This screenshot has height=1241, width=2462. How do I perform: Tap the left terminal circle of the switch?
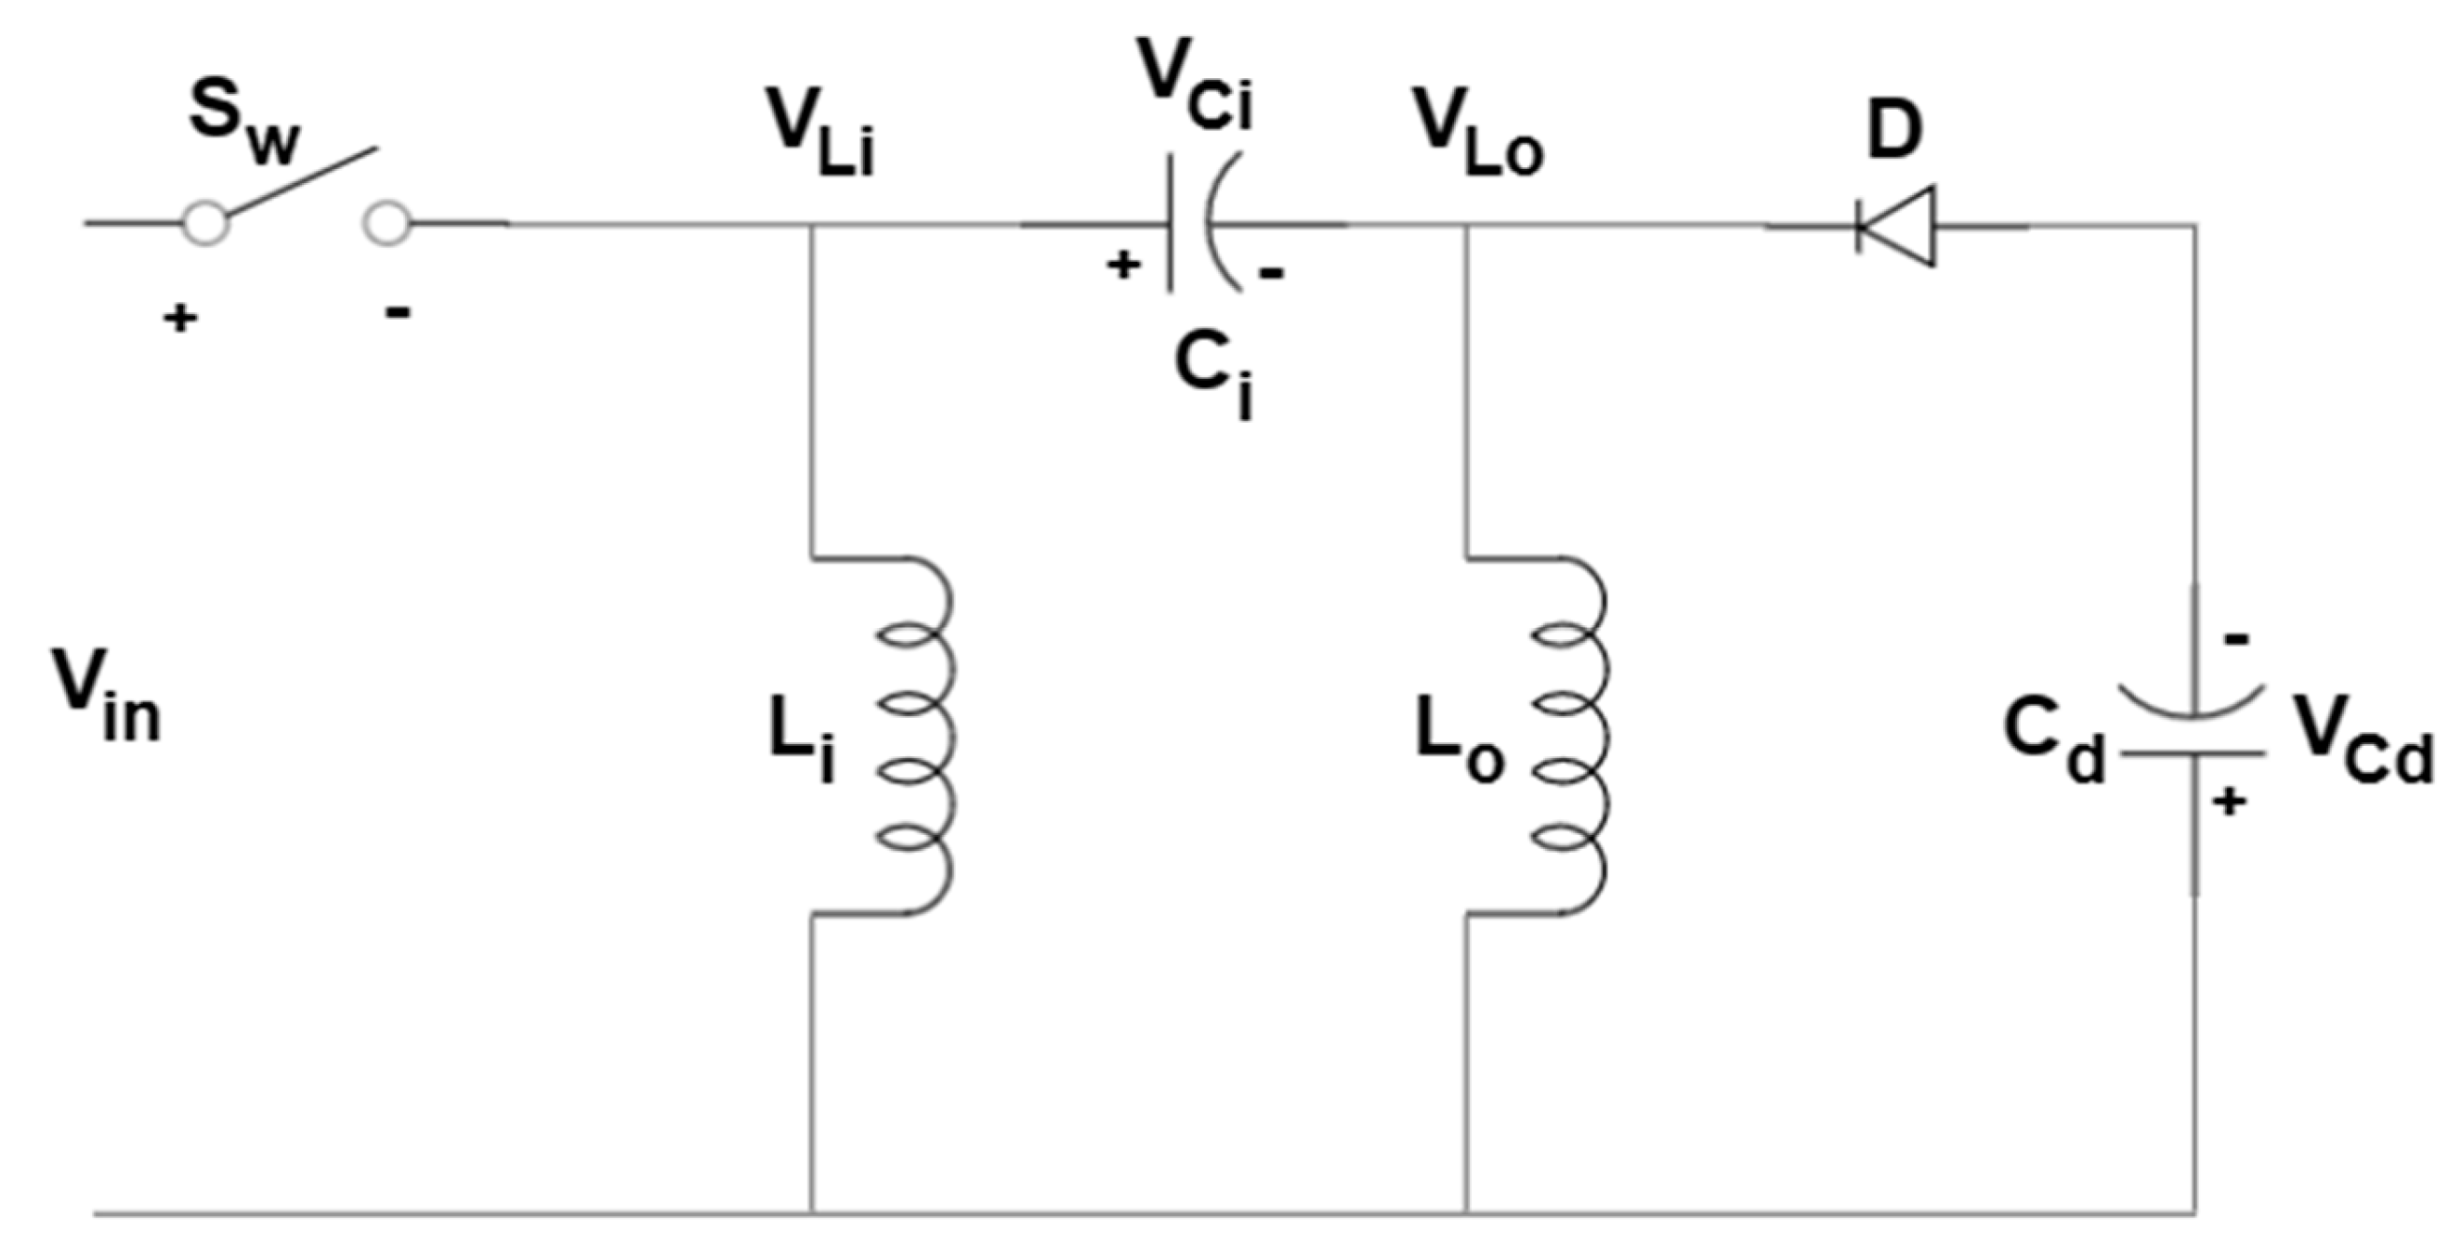pyautogui.click(x=205, y=224)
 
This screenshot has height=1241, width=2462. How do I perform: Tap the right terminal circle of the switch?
pyautogui.click(x=386, y=224)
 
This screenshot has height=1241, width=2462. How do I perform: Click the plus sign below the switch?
pyautogui.click(x=178, y=318)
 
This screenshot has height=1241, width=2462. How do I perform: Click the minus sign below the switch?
pyautogui.click(x=398, y=311)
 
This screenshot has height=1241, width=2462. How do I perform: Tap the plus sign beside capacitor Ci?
pyautogui.click(x=1123, y=265)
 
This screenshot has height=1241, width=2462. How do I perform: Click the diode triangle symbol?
pyautogui.click(x=1897, y=228)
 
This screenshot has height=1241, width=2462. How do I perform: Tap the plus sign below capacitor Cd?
pyautogui.click(x=2230, y=802)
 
